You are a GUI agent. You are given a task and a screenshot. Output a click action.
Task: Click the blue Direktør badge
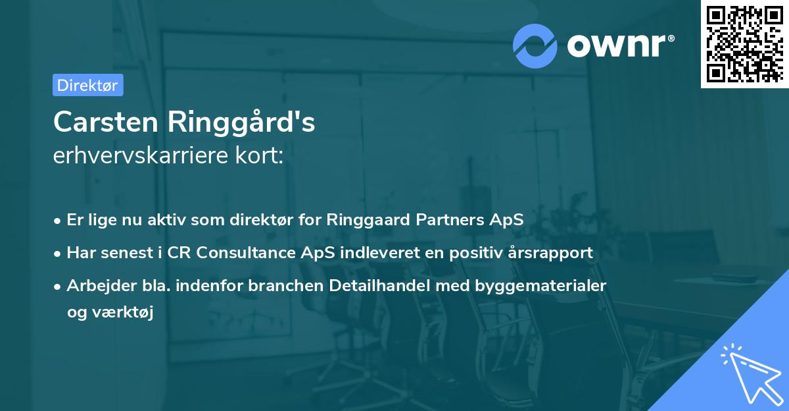click(88, 85)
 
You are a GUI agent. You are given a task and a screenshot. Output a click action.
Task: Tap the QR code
click(745, 43)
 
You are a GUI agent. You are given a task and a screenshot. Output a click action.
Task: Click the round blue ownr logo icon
click(535, 46)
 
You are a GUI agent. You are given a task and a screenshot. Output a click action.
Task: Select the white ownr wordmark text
click(616, 45)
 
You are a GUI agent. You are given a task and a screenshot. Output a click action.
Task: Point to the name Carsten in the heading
click(106, 122)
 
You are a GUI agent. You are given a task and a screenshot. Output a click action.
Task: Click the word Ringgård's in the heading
click(241, 122)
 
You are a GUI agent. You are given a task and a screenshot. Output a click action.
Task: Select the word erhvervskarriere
click(141, 155)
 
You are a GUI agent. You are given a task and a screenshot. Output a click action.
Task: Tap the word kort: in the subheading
click(259, 155)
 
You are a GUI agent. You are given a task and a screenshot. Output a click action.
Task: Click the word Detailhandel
click(379, 285)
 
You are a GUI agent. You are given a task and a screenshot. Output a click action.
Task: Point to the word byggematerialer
click(540, 286)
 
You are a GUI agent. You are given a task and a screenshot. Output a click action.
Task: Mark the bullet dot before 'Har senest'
click(57, 254)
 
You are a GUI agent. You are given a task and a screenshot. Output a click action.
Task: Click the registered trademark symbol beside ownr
click(671, 38)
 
